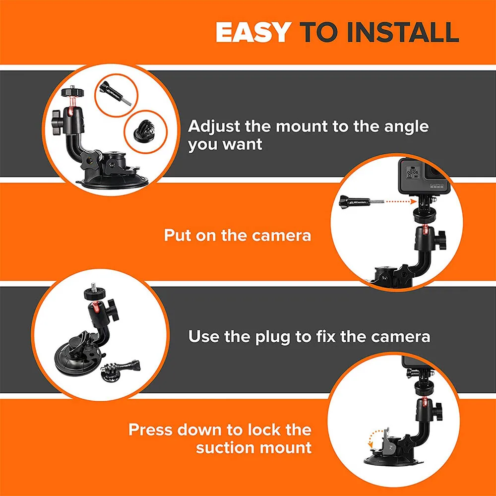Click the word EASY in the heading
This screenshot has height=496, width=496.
252,32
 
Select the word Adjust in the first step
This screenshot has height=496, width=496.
215,126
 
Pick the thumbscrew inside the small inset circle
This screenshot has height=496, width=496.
116,93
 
